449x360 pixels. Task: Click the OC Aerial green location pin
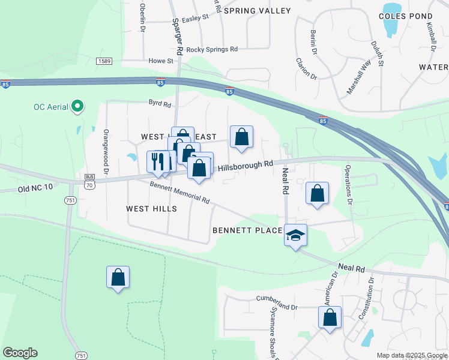coord(77,107)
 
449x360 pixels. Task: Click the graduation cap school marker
coord(295,235)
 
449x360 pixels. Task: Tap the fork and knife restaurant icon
coord(157,161)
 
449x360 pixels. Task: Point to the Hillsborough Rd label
coord(245,166)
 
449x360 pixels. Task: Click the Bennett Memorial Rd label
coord(179,193)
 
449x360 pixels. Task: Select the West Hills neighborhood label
coord(151,209)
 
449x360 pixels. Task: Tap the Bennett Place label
coord(247,230)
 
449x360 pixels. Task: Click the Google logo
coord(20,353)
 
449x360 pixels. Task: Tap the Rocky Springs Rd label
coord(212,50)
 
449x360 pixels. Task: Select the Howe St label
coord(161,61)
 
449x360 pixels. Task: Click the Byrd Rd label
coord(160,103)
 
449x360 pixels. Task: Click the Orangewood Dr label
coord(106,152)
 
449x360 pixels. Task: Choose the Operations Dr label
coord(348,184)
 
